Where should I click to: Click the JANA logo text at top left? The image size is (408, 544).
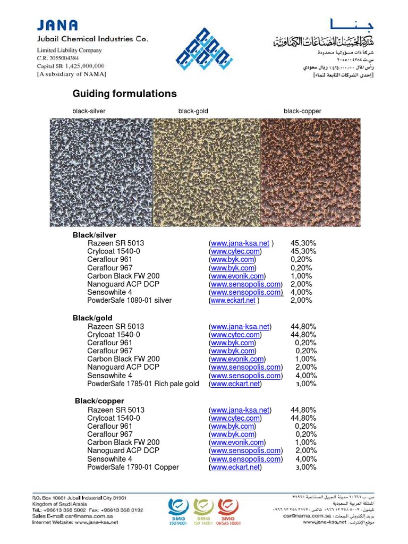(57, 25)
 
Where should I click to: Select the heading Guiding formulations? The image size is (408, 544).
(124, 93)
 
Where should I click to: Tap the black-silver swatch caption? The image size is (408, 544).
(89, 111)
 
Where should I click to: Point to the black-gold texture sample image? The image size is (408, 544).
(206, 172)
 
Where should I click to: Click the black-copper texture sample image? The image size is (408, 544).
(310, 172)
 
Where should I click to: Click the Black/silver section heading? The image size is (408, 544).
(94, 235)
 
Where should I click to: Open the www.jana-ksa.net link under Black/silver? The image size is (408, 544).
(240, 243)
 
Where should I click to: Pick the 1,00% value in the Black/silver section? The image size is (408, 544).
(301, 276)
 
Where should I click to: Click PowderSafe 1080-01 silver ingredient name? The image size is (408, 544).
(129, 301)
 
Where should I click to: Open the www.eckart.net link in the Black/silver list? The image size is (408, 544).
(233, 301)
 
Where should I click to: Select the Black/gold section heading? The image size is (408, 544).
(92, 318)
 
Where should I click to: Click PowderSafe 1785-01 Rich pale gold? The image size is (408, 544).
(143, 384)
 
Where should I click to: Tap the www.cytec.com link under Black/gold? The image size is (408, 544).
(235, 335)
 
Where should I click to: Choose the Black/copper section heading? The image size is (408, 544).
(99, 401)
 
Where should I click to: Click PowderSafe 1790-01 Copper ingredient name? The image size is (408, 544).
(133, 467)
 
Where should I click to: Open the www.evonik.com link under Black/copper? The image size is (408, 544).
(237, 443)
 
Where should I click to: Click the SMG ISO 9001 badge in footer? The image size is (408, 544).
(178, 511)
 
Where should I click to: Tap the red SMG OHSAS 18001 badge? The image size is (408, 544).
(227, 511)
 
